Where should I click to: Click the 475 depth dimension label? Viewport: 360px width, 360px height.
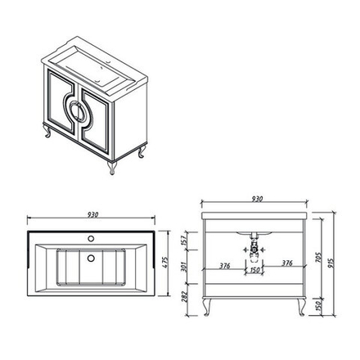point(165,263)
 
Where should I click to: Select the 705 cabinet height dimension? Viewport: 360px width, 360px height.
point(318,258)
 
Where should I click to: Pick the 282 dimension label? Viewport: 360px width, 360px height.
point(184,297)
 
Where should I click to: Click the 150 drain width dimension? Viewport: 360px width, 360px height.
point(254,270)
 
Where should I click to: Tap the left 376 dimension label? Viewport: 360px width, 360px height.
point(225,265)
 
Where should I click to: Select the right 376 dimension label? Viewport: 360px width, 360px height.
point(287,263)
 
